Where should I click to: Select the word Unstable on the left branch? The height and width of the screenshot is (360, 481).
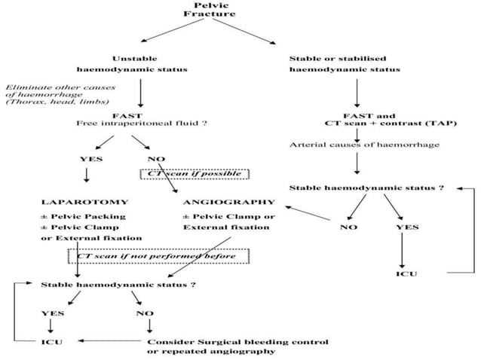(x=134, y=58)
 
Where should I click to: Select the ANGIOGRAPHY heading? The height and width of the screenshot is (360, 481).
(x=228, y=202)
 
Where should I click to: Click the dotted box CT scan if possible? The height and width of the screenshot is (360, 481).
(x=195, y=174)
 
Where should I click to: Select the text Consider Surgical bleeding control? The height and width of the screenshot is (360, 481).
(x=237, y=341)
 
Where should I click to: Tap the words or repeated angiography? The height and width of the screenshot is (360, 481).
(x=210, y=351)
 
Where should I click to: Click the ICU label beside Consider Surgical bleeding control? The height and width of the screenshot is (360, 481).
(x=50, y=341)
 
